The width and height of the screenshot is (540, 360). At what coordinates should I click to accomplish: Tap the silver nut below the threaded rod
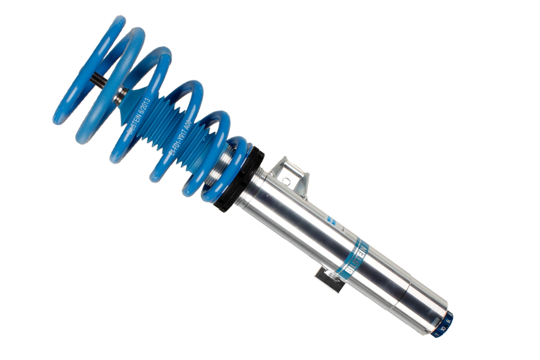(x=121, y=95)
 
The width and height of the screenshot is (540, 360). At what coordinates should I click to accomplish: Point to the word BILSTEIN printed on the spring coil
(x=134, y=126)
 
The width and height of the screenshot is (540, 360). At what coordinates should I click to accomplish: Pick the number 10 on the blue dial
(x=443, y=328)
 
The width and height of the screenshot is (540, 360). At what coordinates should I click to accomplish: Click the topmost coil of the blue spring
(x=90, y=68)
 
